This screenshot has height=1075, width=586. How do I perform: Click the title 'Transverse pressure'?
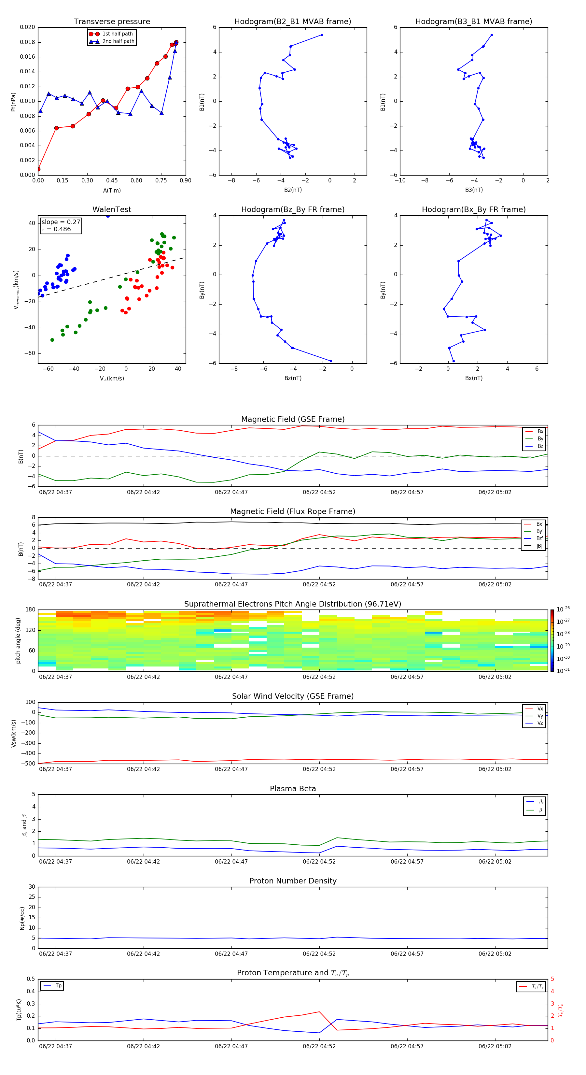click(112, 22)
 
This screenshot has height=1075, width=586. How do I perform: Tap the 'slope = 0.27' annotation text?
click(61, 222)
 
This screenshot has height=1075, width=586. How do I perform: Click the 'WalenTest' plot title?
click(112, 209)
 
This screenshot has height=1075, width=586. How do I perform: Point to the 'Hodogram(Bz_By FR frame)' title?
click(293, 209)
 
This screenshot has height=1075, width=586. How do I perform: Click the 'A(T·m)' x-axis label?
click(112, 191)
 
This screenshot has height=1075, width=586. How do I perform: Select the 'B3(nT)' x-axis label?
click(474, 190)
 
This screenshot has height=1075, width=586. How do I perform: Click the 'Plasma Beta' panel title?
click(293, 789)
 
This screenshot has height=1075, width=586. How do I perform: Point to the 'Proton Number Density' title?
click(293, 881)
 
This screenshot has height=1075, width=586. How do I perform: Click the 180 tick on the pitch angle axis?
click(31, 610)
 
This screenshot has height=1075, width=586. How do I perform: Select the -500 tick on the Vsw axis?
click(29, 764)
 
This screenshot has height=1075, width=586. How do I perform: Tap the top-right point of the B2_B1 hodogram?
click(322, 35)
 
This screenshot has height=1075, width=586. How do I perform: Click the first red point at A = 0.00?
click(38, 169)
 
